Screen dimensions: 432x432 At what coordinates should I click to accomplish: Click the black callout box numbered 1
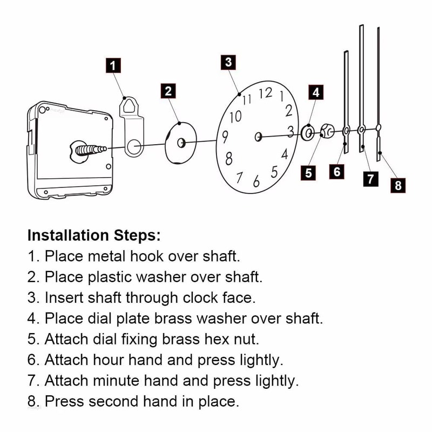(113, 66)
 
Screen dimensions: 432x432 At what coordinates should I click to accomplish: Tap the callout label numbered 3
(229, 62)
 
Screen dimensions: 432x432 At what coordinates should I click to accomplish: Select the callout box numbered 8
(398, 185)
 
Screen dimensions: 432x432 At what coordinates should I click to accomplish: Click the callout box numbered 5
(309, 173)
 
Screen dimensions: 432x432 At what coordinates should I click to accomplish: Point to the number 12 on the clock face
(265, 93)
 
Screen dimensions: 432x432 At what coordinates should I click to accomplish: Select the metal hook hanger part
(131, 127)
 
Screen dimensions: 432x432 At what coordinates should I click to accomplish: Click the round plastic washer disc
(180, 141)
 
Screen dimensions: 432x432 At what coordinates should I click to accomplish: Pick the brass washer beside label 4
(308, 132)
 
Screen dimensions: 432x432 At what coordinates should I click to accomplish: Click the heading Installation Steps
(94, 235)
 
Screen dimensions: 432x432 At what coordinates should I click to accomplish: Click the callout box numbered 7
(370, 179)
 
